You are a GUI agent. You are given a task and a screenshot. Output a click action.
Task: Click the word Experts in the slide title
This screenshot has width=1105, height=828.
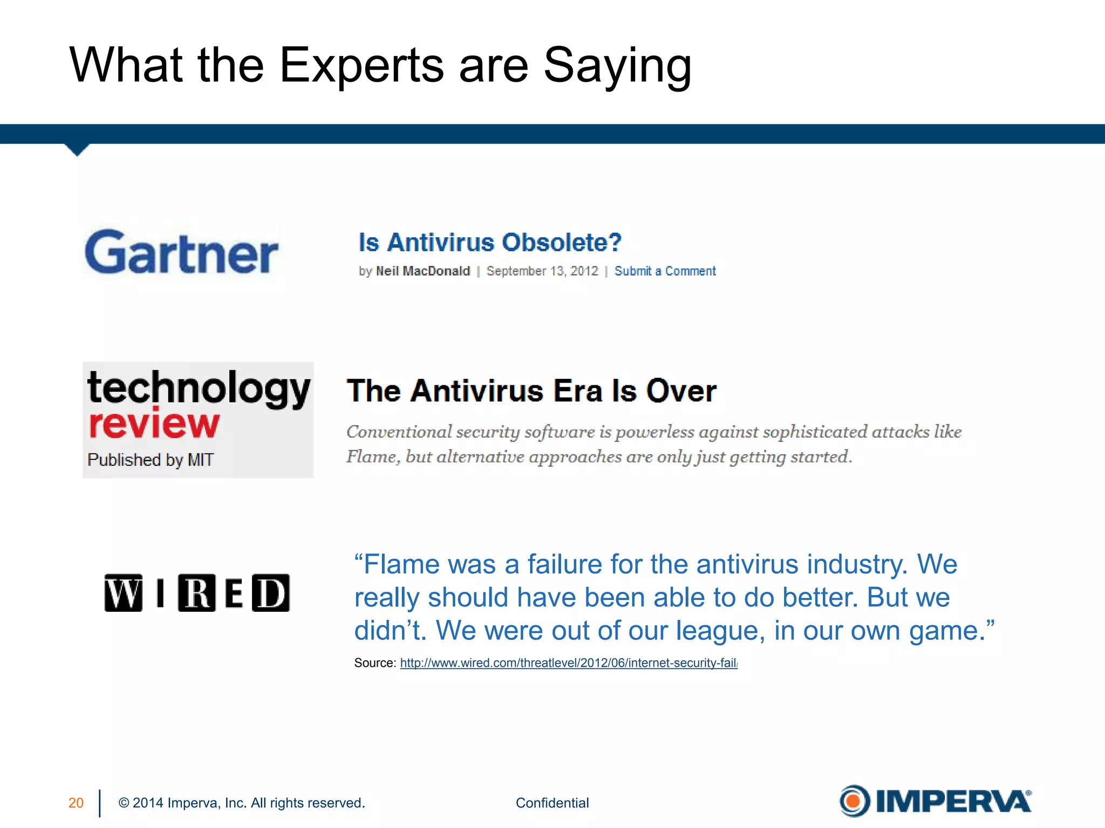pos(361,66)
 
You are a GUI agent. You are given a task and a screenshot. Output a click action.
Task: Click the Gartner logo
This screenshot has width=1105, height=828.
pos(182,252)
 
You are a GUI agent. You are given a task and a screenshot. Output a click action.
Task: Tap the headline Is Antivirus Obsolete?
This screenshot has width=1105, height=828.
pos(490,243)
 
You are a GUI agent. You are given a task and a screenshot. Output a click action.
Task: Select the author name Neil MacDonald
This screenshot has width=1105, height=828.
pos(422,271)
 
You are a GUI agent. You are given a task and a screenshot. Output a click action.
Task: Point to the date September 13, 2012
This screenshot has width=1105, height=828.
pos(542,271)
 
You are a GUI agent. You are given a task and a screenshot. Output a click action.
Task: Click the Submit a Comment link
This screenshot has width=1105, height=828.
pos(665,271)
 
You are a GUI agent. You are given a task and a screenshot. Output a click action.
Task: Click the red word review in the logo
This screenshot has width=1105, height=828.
pos(154,424)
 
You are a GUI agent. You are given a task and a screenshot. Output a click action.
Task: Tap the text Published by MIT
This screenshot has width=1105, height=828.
pos(151,460)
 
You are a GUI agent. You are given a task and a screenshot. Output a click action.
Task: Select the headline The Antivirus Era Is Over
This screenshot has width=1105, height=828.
pos(531,391)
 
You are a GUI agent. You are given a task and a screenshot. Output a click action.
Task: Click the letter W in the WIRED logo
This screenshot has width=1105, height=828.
pos(124,593)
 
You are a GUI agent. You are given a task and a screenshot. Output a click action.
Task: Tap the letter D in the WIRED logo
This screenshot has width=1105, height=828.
pos(271,593)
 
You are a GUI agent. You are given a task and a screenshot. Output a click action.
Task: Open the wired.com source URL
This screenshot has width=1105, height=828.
pos(569,663)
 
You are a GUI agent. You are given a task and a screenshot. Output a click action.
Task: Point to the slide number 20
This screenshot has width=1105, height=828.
pos(76,803)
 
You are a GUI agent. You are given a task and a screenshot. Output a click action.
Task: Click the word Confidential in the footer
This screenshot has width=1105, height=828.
pos(552,803)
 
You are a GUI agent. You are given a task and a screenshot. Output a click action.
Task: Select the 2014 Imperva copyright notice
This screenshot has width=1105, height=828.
pos(242,803)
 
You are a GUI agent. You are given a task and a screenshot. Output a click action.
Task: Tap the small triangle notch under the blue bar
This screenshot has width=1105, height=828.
pos(77,149)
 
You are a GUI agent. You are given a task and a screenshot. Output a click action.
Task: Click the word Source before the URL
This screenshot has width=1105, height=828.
pos(374,663)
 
